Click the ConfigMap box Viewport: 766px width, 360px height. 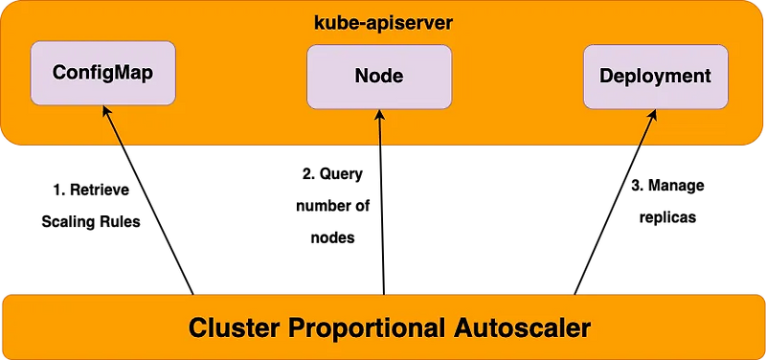point(102,73)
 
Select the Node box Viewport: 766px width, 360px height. point(379,76)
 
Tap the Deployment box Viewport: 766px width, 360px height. point(655,76)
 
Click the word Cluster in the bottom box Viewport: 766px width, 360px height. point(236,327)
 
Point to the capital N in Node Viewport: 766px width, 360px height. point(361,76)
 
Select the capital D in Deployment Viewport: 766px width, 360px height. point(606,76)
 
